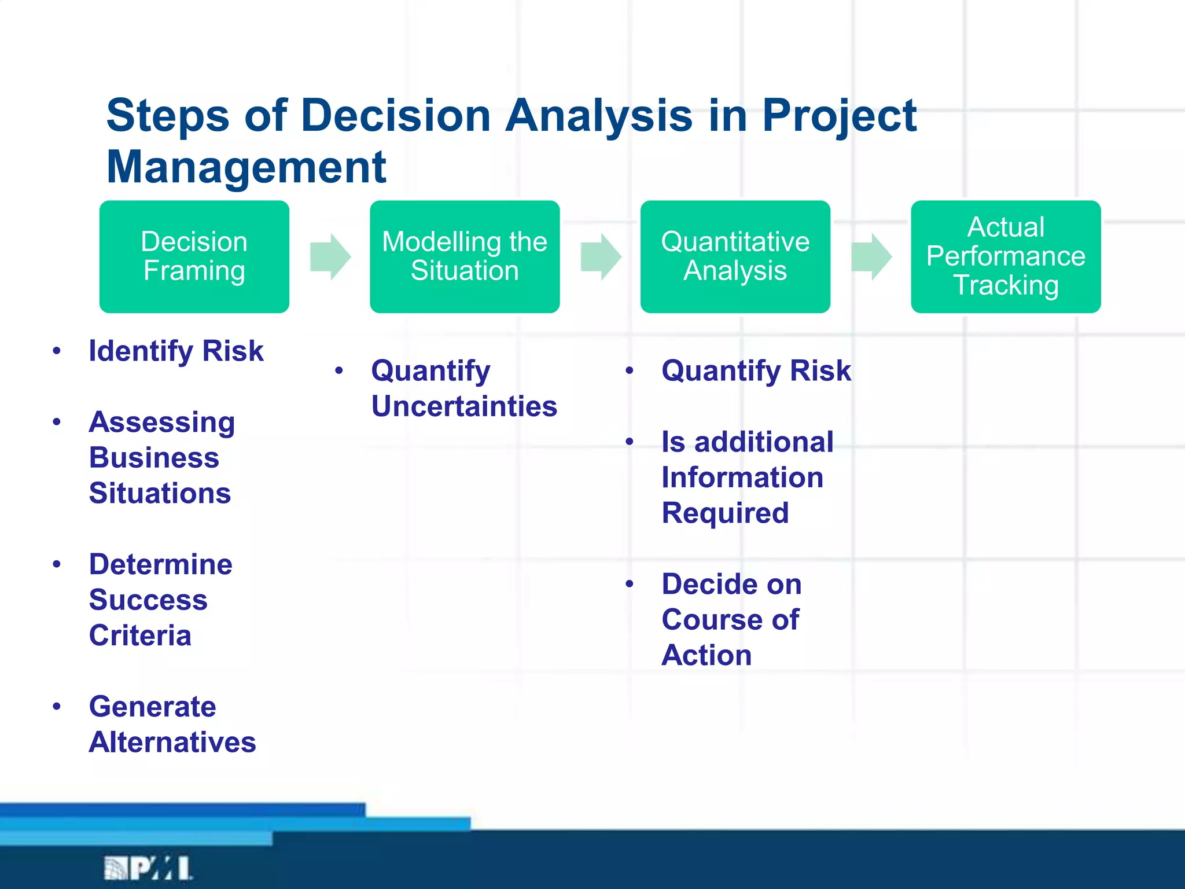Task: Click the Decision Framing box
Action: click(194, 256)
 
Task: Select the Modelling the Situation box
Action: click(465, 256)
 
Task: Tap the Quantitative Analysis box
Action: click(735, 256)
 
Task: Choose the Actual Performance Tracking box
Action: click(1006, 256)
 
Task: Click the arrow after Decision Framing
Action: click(330, 256)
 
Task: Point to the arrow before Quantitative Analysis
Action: click(601, 256)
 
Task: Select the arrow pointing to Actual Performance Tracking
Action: click(871, 256)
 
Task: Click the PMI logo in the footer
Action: click(148, 868)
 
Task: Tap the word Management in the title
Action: click(246, 167)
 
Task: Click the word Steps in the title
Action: click(168, 115)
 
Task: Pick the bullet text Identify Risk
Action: click(176, 351)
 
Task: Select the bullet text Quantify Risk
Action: click(756, 370)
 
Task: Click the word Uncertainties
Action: click(464, 406)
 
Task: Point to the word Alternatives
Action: click(172, 742)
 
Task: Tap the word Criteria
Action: click(140, 635)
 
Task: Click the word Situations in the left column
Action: click(160, 493)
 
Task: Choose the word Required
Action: click(725, 513)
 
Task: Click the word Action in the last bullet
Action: click(706, 655)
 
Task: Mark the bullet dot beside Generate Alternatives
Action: click(57, 706)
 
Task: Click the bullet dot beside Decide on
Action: click(630, 584)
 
